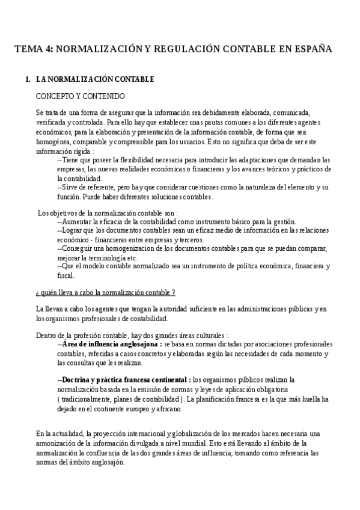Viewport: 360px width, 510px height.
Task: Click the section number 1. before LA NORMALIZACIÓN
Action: [x=28, y=79]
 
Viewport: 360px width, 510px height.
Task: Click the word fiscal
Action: [x=65, y=275]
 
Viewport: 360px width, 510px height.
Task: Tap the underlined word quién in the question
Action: [x=50, y=292]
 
